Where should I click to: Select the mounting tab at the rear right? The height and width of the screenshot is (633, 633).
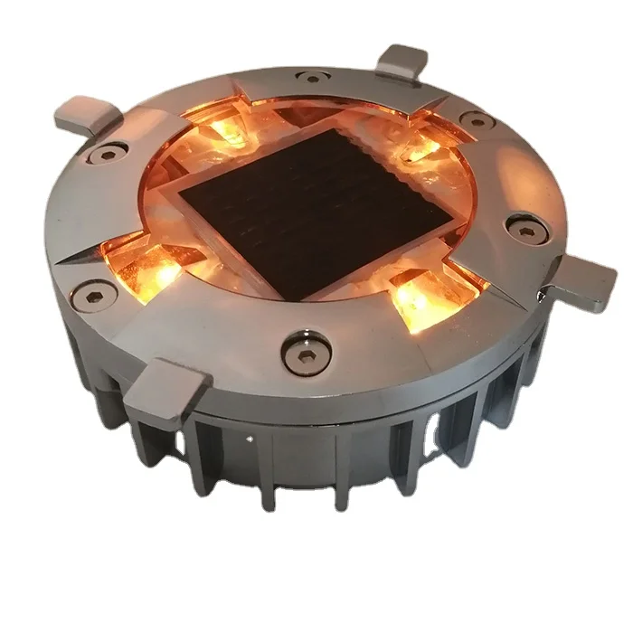click(404, 61)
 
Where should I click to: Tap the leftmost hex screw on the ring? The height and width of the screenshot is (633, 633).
click(99, 292)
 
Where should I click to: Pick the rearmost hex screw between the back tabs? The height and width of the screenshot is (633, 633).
click(313, 79)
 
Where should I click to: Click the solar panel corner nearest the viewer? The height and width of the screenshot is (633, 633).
click(298, 299)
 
